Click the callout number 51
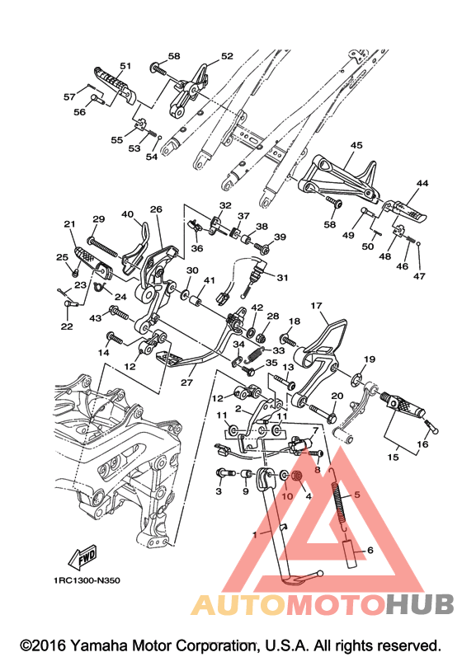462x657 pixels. [x=125, y=66]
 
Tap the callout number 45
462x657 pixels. [x=356, y=145]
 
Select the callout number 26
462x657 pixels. [x=157, y=209]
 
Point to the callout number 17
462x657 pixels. [x=317, y=306]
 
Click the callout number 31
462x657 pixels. [x=283, y=277]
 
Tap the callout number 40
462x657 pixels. [x=127, y=214]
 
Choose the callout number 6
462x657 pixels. [x=370, y=550]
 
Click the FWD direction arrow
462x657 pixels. [x=82, y=557]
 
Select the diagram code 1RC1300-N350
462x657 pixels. [x=87, y=580]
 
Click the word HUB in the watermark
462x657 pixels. [x=420, y=604]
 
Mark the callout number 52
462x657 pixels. [x=227, y=56]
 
